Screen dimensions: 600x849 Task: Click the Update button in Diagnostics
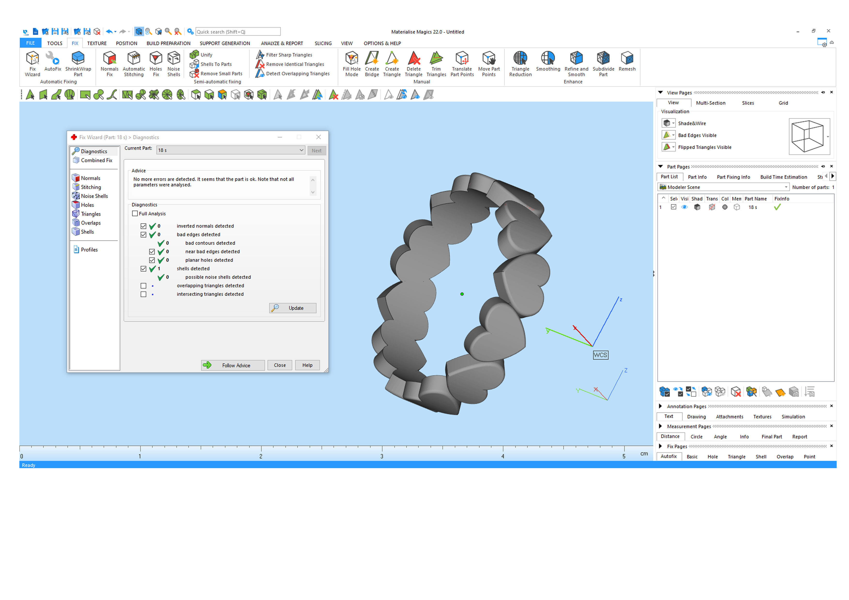[x=293, y=308]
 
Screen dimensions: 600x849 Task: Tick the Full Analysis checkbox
[x=135, y=214]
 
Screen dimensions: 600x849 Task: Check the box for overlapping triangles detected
[x=144, y=286]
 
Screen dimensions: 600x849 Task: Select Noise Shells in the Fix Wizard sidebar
[x=94, y=196]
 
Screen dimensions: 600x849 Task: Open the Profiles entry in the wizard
[x=89, y=249]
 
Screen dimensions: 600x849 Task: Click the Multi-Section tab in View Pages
[x=710, y=103]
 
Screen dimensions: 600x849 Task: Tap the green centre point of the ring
[x=462, y=294]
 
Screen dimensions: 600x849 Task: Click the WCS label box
[x=600, y=355]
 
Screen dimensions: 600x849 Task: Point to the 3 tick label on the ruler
[x=382, y=456]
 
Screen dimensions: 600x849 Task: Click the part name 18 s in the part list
[x=752, y=207]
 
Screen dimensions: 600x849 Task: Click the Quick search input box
[x=238, y=32]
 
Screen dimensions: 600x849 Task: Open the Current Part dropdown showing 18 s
[x=231, y=150]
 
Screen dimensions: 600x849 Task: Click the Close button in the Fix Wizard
[x=280, y=365]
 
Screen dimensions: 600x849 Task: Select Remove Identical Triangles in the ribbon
[x=295, y=64]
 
